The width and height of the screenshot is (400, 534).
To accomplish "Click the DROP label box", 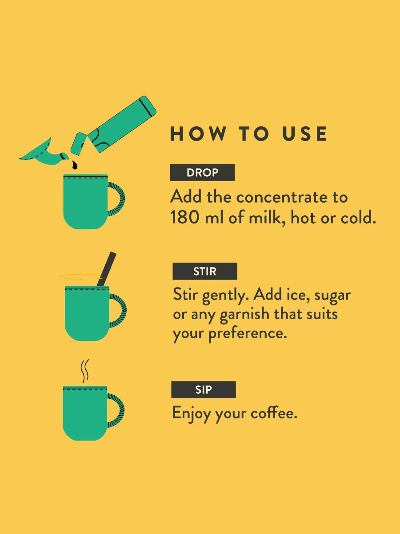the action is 202,173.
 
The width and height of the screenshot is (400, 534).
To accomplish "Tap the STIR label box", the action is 205,271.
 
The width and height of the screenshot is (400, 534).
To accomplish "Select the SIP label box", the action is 204,389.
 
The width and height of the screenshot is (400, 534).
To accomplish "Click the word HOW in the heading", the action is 198,134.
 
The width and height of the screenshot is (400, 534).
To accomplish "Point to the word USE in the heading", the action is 304,134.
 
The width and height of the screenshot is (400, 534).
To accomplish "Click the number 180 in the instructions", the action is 185,217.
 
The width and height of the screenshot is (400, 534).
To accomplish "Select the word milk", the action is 266,217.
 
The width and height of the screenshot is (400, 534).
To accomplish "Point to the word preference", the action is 248,334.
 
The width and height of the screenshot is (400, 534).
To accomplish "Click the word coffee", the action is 274,413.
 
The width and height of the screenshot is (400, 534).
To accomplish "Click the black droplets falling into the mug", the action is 74,165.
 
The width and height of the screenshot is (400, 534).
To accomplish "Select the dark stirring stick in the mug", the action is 106,269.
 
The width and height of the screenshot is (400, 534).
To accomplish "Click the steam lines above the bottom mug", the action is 85,371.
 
